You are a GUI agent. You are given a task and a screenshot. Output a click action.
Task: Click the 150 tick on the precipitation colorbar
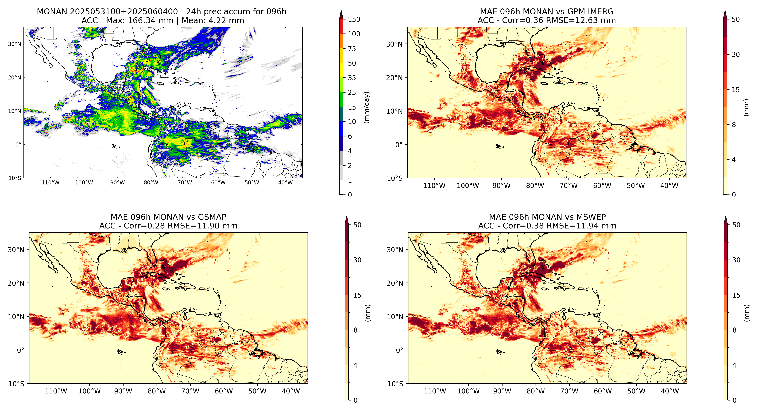coord(354,19)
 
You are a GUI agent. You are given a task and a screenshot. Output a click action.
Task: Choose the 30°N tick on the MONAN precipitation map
coord(15,44)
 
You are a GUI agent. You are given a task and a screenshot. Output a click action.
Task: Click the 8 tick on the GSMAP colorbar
coord(356,330)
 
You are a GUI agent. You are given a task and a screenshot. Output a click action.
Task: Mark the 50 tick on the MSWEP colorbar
coord(736,225)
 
